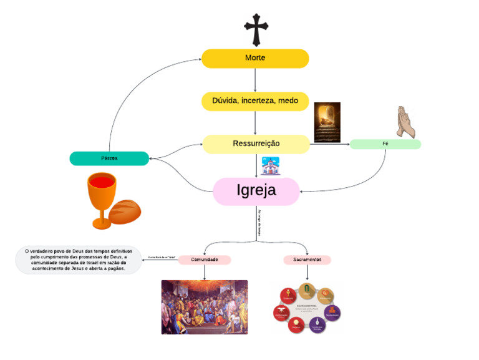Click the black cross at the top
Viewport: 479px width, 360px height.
click(x=256, y=29)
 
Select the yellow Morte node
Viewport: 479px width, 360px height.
click(x=255, y=58)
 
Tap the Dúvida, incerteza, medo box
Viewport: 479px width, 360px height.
click(x=255, y=101)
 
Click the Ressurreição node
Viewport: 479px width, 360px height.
click(x=256, y=144)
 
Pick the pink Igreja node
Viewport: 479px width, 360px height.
click(x=256, y=191)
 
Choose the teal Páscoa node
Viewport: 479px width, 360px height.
click(x=109, y=158)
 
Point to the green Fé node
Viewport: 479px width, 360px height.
click(x=385, y=144)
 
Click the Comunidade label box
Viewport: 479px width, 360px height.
click(x=205, y=260)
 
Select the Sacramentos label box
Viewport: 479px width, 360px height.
click(x=307, y=260)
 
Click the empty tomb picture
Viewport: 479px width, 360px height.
click(x=327, y=122)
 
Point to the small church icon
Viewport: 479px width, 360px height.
click(x=270, y=166)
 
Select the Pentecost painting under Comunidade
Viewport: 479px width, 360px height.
click(x=204, y=306)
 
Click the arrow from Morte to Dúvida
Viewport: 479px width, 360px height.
click(x=255, y=80)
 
